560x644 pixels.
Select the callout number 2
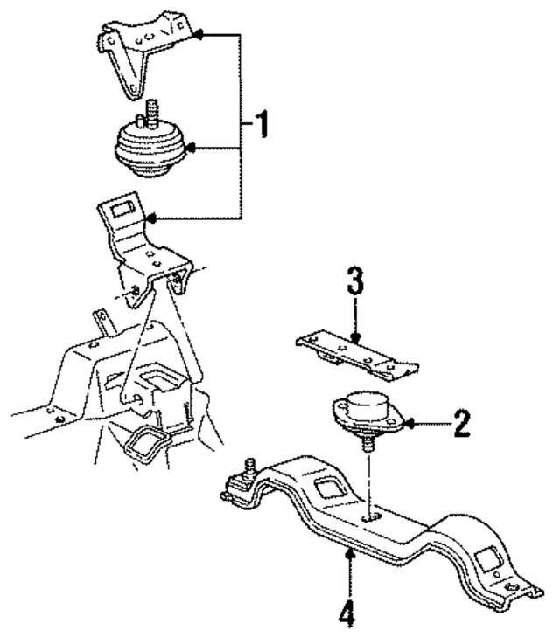click(x=460, y=425)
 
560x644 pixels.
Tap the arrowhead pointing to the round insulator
click(x=192, y=149)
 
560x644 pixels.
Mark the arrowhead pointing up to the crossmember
click(x=350, y=552)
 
